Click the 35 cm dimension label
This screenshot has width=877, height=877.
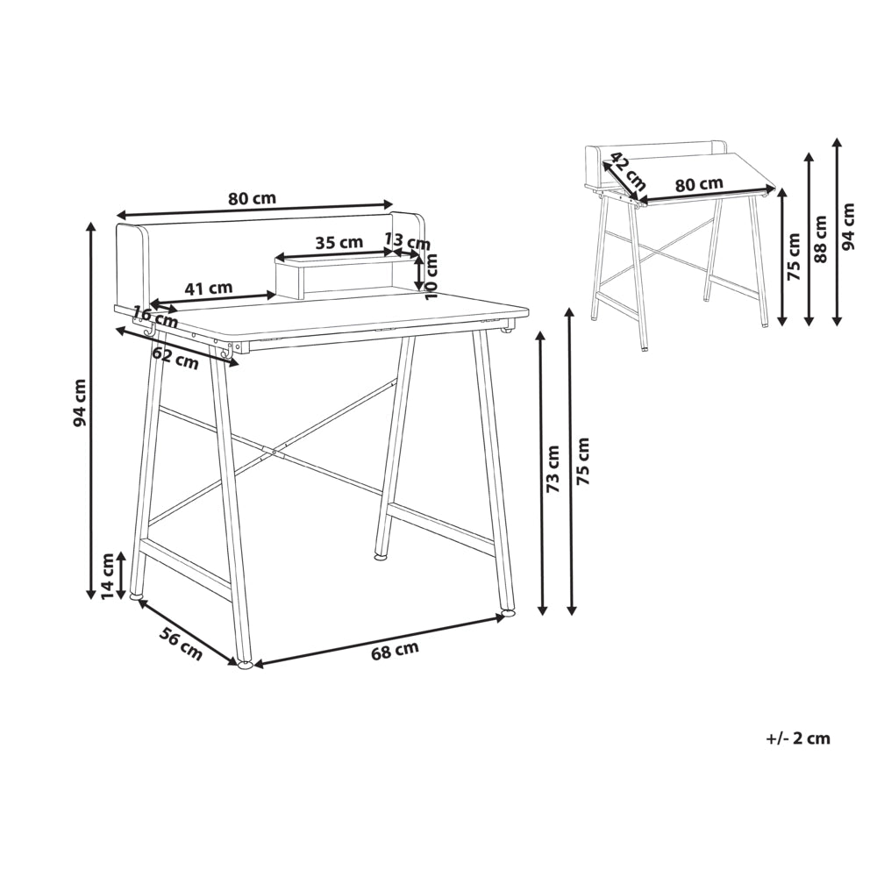(x=339, y=243)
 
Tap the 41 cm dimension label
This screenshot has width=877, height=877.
(x=208, y=289)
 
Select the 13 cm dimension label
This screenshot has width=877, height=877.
(x=408, y=242)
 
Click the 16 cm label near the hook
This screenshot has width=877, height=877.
(x=155, y=317)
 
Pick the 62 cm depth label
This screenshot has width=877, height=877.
(x=175, y=359)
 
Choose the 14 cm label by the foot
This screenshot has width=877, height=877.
(x=107, y=575)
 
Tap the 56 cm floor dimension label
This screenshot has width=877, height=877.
(x=181, y=644)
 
